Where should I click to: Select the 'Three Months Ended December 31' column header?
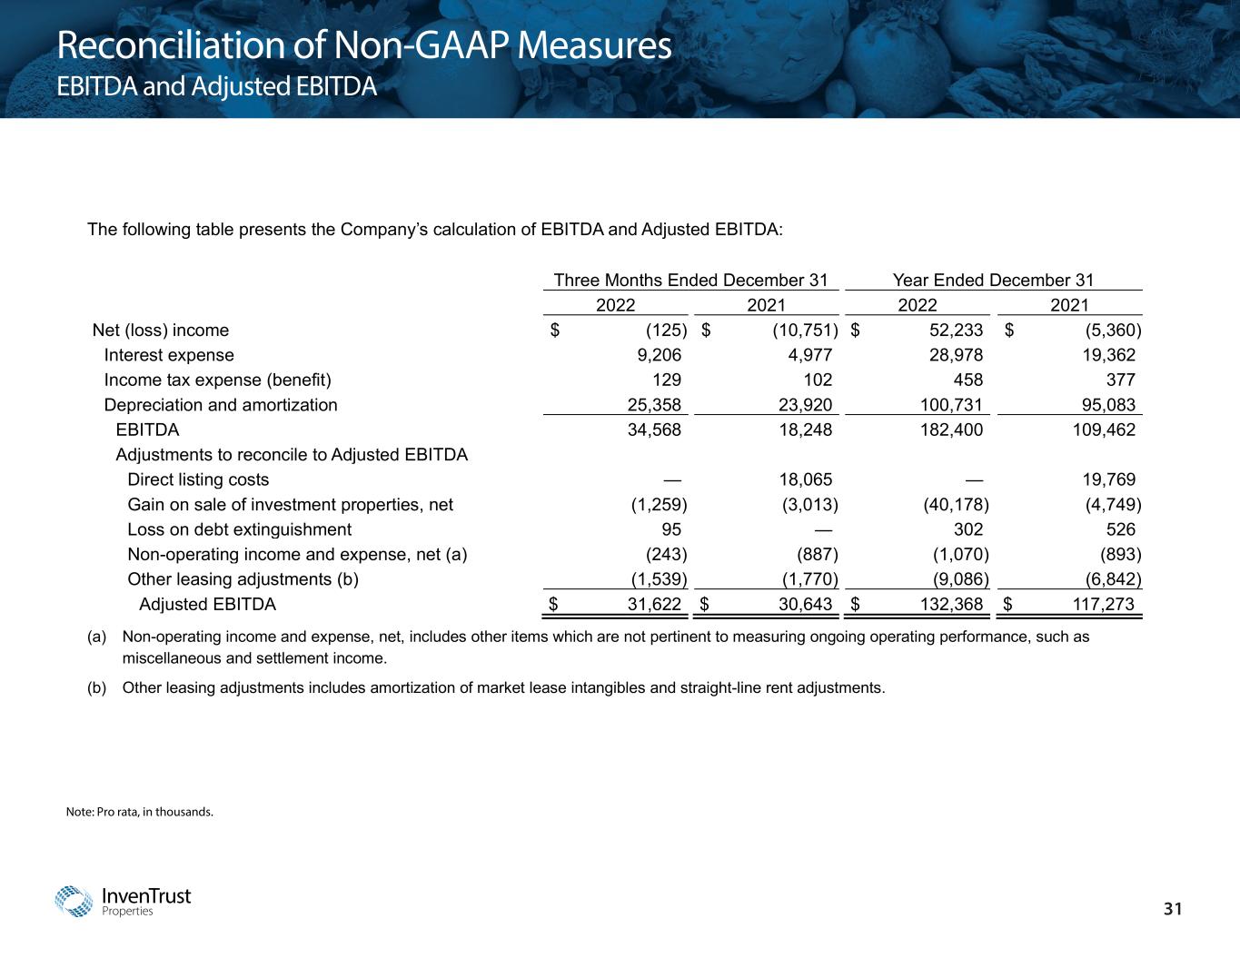tap(690, 280)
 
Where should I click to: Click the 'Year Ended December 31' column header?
tap(993, 280)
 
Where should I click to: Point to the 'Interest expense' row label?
tap(169, 355)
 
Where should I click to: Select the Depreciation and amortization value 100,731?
tap(947, 405)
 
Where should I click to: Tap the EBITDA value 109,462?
tap(1104, 430)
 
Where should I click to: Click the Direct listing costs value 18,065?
tap(800, 479)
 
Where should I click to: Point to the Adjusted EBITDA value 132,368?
tap(947, 604)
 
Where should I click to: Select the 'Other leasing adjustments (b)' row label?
tap(243, 579)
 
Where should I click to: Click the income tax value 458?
tap(966, 380)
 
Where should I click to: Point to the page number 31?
tap(1175, 910)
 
